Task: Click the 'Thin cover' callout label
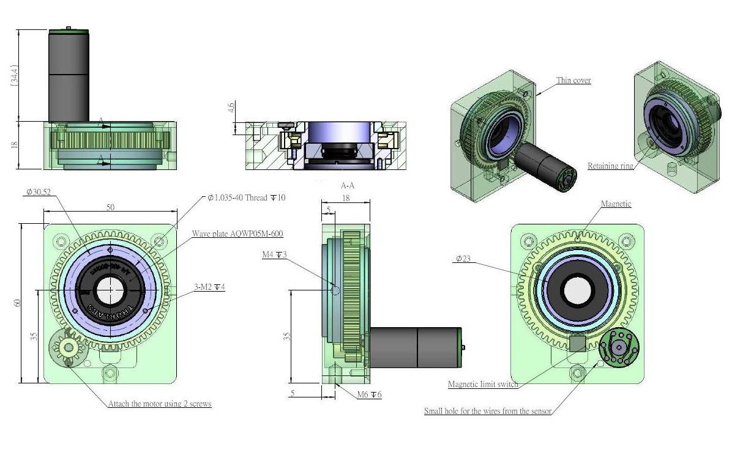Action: (573, 80)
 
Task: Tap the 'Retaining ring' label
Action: (610, 166)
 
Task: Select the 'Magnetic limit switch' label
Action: (483, 385)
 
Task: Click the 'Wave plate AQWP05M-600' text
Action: (237, 234)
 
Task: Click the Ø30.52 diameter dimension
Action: (38, 192)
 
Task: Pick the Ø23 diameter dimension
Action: (463, 259)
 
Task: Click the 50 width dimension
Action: (110, 208)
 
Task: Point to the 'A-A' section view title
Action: (347, 185)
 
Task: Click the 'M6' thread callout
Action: (369, 395)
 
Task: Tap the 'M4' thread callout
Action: (275, 255)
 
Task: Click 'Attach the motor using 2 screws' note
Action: (160, 404)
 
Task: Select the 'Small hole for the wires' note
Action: (488, 411)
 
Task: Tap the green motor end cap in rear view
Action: (619, 349)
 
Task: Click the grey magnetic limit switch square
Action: (577, 344)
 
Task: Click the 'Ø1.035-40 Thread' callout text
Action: (247, 198)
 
